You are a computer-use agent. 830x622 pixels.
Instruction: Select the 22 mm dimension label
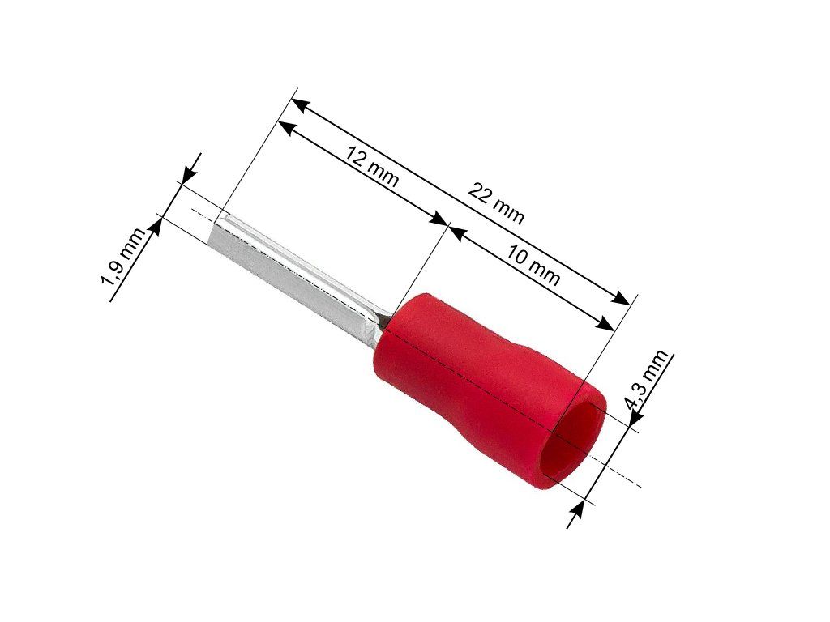point(496,204)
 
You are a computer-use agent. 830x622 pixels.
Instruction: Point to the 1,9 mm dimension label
point(123,258)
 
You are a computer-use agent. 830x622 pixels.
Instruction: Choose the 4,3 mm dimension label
point(647,379)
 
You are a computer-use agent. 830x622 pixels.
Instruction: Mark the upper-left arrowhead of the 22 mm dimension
point(300,104)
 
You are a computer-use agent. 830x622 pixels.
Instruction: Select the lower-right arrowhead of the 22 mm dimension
point(622,298)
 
